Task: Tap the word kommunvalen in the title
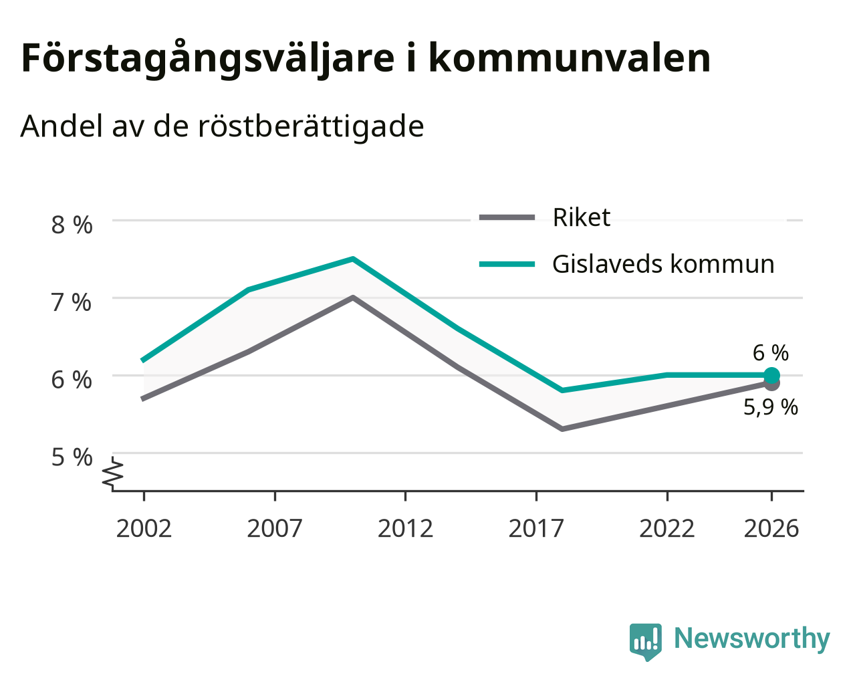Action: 570,58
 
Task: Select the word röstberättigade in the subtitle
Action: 311,127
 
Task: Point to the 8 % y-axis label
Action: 72,225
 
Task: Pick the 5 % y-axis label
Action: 72,457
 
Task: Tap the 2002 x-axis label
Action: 144,528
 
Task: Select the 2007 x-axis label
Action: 274,528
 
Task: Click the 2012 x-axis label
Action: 405,528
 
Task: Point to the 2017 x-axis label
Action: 536,528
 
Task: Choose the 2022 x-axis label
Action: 666,528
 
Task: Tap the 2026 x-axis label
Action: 771,528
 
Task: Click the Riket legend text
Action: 581,217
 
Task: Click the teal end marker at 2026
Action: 771,375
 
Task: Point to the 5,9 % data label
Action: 771,407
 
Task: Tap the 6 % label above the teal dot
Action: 771,352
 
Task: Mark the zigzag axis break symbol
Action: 113,471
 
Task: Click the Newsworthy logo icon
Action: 646,642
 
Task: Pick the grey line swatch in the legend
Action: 507,217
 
